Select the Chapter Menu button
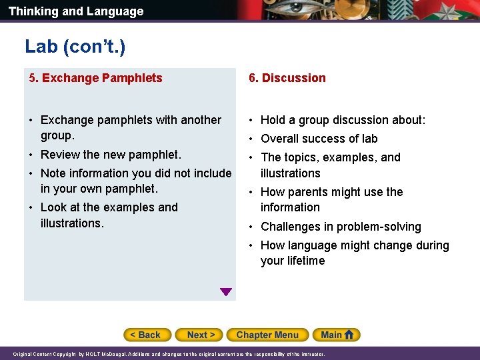click(267, 335)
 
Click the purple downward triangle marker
click(226, 292)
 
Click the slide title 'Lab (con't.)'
click(75, 46)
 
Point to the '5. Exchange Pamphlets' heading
click(95, 78)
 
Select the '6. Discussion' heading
click(287, 78)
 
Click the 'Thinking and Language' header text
click(75, 11)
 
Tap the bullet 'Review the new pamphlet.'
click(111, 155)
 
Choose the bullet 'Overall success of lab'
click(319, 139)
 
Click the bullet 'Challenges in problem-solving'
click(341, 227)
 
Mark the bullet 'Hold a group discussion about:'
click(343, 120)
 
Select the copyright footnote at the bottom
click(169, 354)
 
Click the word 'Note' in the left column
click(53, 173)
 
